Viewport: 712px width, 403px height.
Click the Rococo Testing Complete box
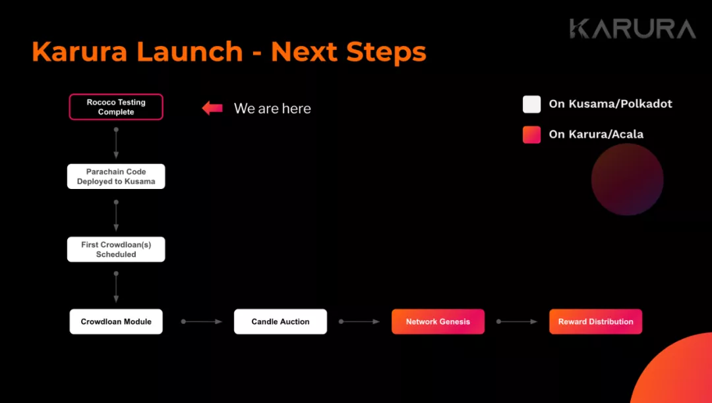[x=116, y=107]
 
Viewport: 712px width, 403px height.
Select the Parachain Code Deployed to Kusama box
[x=116, y=176]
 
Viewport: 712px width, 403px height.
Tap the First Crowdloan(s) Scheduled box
[x=116, y=250]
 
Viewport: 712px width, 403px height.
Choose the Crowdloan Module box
[x=116, y=321]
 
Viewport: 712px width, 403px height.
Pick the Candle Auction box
[x=280, y=321]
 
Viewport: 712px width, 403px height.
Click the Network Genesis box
[x=438, y=321]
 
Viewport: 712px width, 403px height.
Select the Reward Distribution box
[x=595, y=321]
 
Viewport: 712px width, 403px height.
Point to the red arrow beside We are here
[x=212, y=109]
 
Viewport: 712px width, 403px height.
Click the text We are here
[x=272, y=109]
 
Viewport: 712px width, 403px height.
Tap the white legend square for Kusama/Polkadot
[x=532, y=104]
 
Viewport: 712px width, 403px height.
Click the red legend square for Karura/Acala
[x=532, y=134]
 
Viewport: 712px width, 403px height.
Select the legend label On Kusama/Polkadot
[x=610, y=104]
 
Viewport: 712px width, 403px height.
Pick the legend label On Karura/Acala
[x=596, y=134]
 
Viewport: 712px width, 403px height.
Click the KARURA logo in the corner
[x=632, y=28]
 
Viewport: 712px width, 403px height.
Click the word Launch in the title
[x=190, y=51]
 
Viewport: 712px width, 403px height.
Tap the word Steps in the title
[x=386, y=52]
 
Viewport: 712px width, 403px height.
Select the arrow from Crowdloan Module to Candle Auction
[x=202, y=321]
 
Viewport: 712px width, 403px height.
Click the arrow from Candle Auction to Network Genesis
[x=359, y=321]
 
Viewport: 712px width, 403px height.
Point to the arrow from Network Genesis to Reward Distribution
[x=517, y=321]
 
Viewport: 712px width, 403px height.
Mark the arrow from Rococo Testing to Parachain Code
[x=116, y=143]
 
